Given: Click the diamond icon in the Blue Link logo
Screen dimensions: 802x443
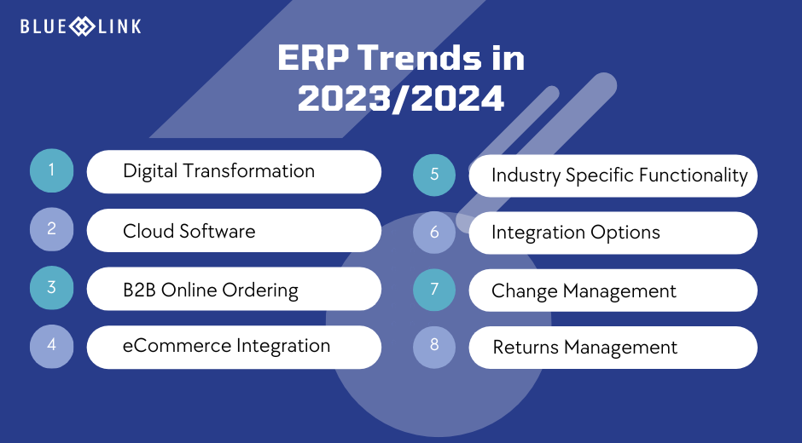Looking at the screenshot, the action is [82, 26].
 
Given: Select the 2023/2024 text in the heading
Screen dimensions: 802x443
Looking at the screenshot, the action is [401, 98].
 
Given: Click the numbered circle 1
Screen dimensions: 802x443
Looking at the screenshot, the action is [52, 170].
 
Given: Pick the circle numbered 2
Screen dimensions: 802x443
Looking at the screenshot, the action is [52, 229].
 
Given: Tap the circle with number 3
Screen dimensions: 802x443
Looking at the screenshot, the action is [52, 288].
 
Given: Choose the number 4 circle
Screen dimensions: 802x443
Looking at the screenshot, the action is [52, 346].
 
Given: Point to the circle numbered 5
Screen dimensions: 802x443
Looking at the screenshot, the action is [434, 175].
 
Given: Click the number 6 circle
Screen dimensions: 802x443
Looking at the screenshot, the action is [434, 233].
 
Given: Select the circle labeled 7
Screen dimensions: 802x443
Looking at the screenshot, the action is [434, 290].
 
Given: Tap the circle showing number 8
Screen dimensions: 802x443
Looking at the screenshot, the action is [434, 347].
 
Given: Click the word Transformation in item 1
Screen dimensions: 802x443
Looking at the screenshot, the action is [248, 170].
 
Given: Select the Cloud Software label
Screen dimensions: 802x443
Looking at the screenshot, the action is [189, 231].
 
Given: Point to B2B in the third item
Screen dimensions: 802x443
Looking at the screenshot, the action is [140, 290].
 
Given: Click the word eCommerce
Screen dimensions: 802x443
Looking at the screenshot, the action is [177, 346].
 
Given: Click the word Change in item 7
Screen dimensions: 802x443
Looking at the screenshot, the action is [525, 291].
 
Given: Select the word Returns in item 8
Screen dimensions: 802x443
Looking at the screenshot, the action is [526, 348].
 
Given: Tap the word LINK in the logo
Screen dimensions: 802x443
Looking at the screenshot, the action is [119, 26].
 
